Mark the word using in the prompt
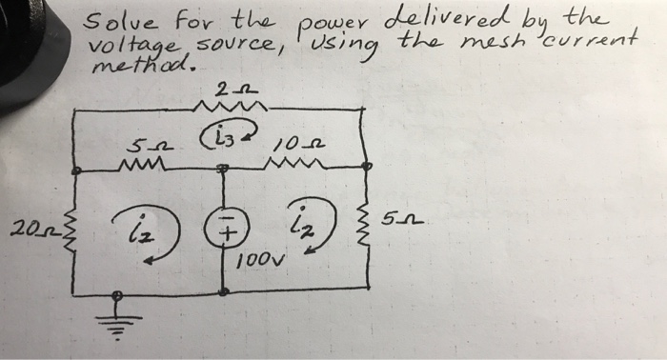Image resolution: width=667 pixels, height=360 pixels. tap(352, 46)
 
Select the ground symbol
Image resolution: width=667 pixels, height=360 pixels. tap(118, 314)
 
